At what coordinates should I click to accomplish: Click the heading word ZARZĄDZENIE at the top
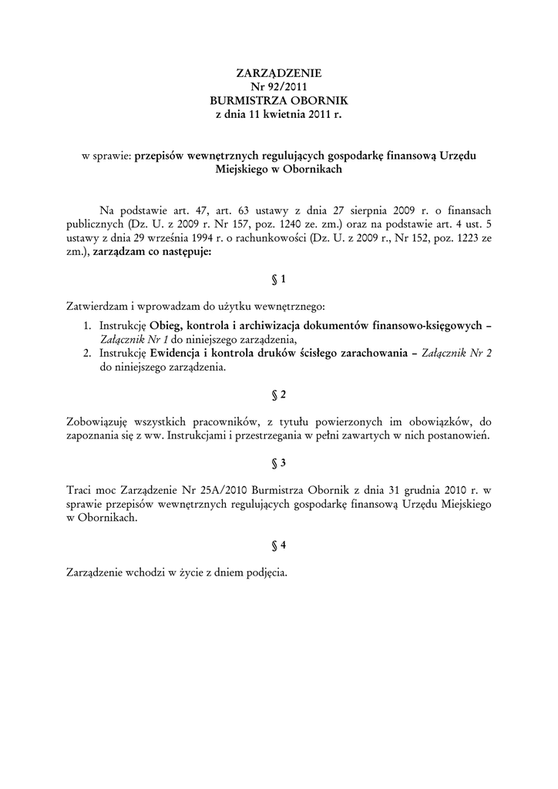pos(278,73)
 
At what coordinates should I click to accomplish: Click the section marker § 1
pos(279,280)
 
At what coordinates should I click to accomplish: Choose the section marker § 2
pos(279,395)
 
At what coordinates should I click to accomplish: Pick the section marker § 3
pos(279,463)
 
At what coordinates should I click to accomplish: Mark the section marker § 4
pos(279,545)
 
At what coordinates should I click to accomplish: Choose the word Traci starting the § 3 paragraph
pos(79,490)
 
